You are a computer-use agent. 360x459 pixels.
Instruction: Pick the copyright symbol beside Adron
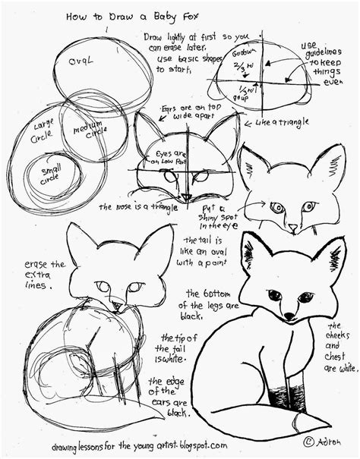point(309,442)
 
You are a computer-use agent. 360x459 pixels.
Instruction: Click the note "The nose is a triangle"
point(133,206)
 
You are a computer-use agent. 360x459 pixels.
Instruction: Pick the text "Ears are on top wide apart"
point(192,113)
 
